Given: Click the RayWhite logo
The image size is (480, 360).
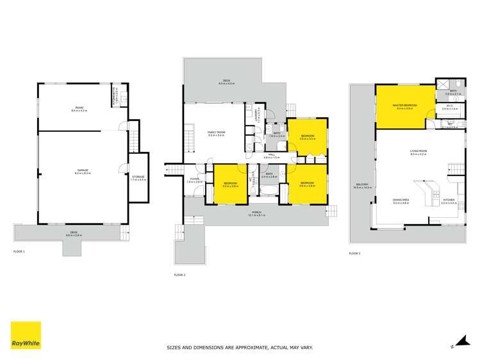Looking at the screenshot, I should click(x=26, y=336).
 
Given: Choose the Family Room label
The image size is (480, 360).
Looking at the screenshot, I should click(x=215, y=133).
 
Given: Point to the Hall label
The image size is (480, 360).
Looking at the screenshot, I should click(x=272, y=155).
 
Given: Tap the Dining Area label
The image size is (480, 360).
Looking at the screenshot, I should click(x=402, y=200).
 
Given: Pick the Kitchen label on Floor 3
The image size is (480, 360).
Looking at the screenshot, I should click(x=449, y=200).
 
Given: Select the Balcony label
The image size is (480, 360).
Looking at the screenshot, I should click(x=362, y=186).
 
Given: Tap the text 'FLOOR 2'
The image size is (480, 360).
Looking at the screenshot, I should click(x=179, y=274).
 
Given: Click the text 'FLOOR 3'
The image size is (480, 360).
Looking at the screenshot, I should click(x=355, y=253).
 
